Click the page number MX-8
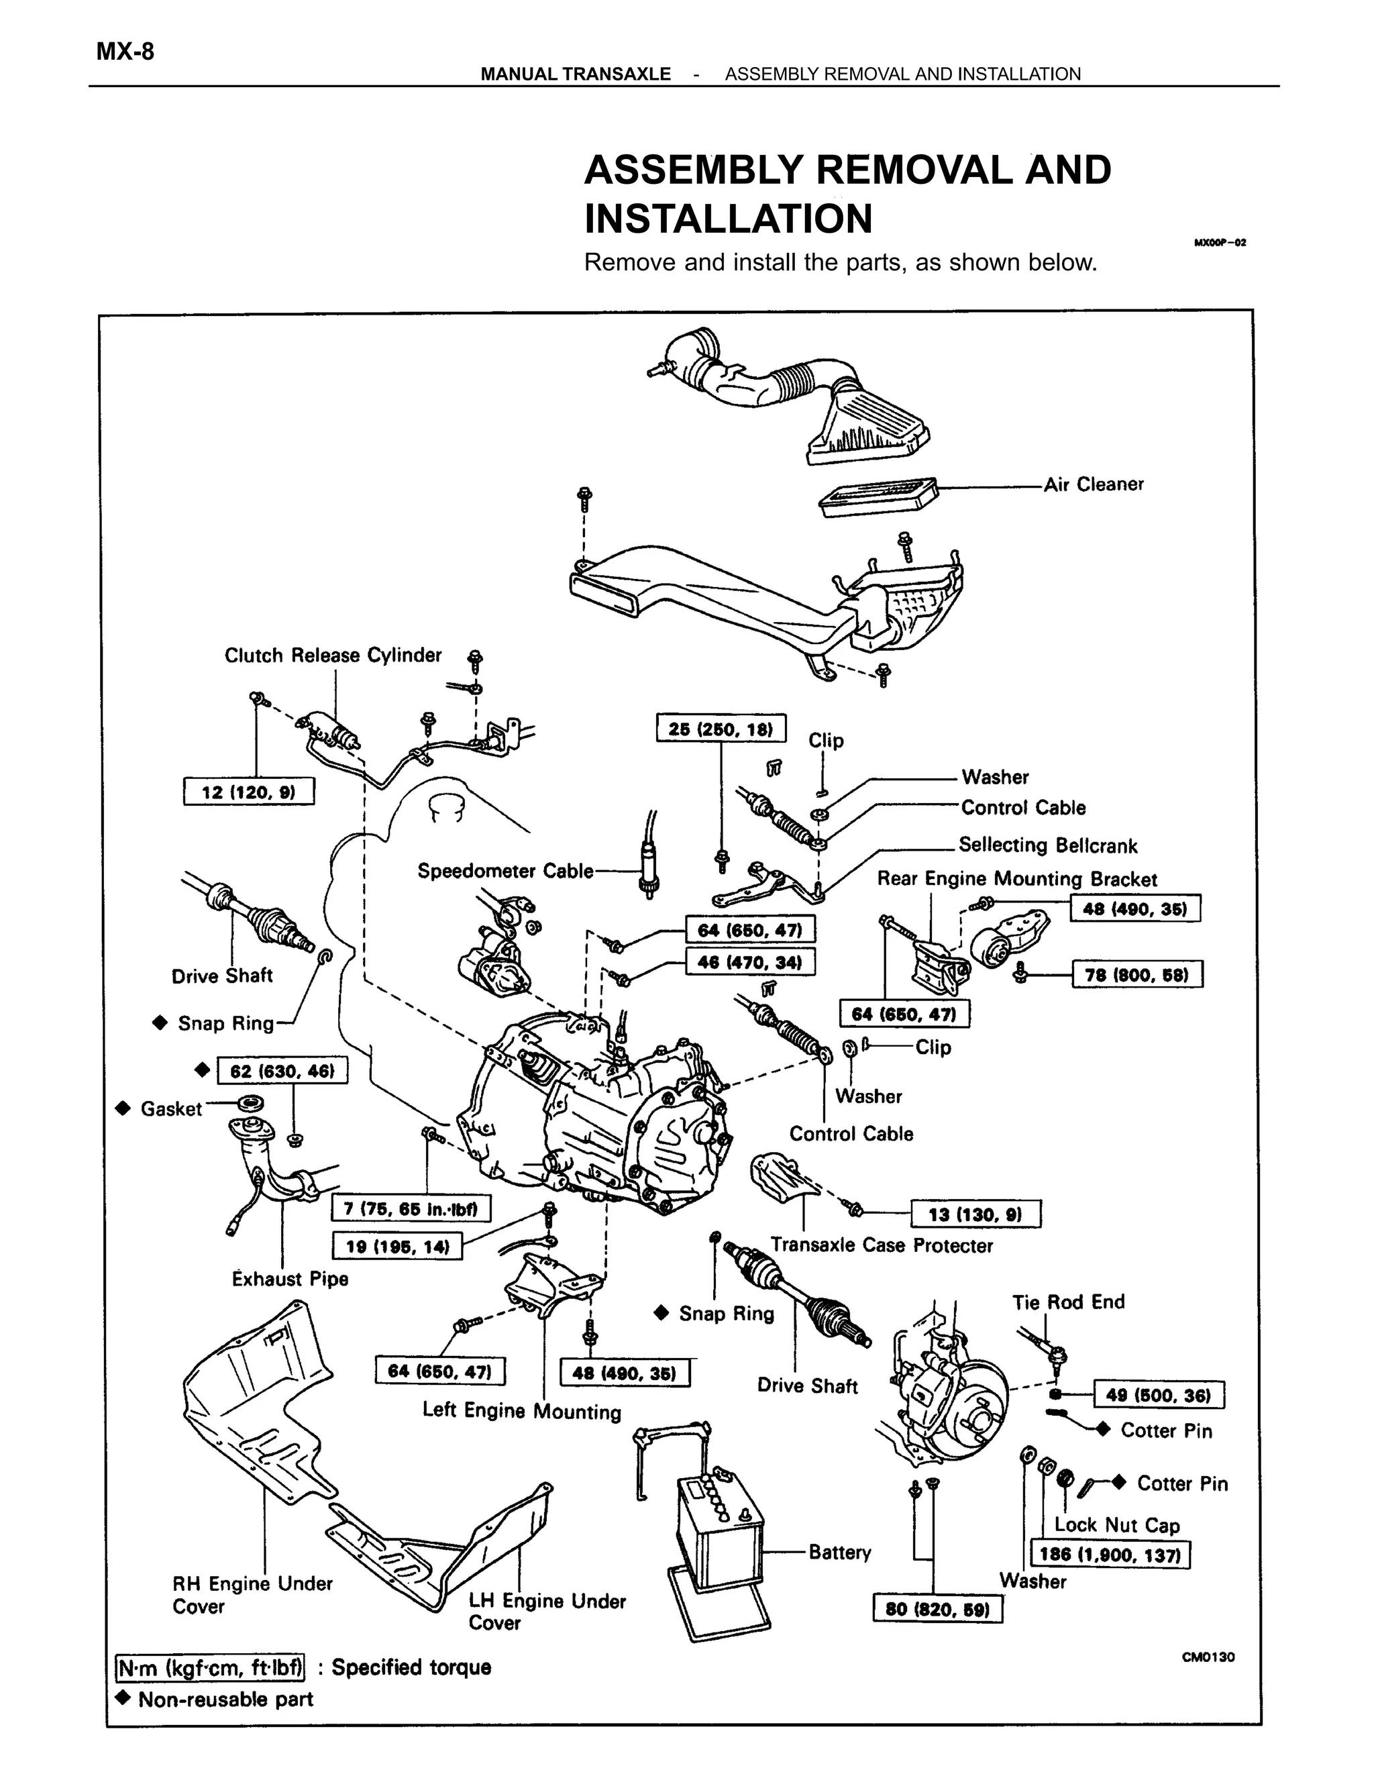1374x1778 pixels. coord(125,52)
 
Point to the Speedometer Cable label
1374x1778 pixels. coord(505,871)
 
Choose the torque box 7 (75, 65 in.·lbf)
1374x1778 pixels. coord(411,1208)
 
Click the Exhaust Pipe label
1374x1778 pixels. coord(290,1279)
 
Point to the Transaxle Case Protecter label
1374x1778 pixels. coord(882,1245)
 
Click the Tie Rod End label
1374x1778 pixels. coord(1068,1302)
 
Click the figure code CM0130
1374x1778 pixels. coord(1208,1657)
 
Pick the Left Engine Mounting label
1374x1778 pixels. coord(521,1411)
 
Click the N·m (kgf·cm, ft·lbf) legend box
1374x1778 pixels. coord(210,1667)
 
